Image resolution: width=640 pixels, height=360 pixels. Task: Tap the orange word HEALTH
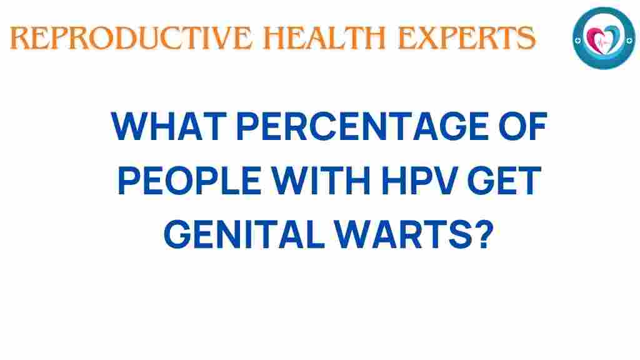[x=325, y=38]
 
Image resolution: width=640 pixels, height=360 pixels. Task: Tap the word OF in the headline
[x=523, y=126]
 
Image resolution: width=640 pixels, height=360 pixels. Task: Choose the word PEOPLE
[x=189, y=180]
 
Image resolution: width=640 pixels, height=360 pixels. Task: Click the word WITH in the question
[x=321, y=180]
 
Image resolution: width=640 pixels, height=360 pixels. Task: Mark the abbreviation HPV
[x=419, y=180]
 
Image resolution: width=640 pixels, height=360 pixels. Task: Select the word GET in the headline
[x=504, y=180]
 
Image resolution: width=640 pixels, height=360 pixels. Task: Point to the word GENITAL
[x=244, y=234]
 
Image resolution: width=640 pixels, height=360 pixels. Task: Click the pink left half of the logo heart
[x=594, y=39]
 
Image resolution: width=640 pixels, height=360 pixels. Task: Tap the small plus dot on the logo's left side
[x=577, y=41]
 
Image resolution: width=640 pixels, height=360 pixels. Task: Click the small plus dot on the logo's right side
[x=629, y=40]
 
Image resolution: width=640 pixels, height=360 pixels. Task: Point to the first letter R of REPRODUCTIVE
[x=19, y=38]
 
